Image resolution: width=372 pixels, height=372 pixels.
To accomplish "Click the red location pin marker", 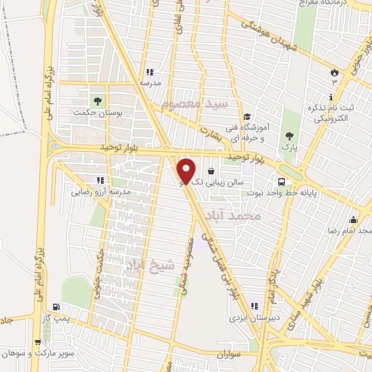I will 187,171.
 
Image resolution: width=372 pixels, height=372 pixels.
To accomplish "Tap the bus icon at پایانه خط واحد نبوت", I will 280,182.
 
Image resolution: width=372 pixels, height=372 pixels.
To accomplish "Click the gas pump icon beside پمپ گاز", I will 57,307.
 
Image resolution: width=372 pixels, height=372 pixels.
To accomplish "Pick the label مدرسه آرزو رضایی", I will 100,193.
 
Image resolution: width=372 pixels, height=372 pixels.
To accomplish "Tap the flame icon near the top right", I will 333,73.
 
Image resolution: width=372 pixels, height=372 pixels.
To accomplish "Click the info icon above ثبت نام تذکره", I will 332,97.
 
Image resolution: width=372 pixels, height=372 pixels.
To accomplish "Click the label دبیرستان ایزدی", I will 249,318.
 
